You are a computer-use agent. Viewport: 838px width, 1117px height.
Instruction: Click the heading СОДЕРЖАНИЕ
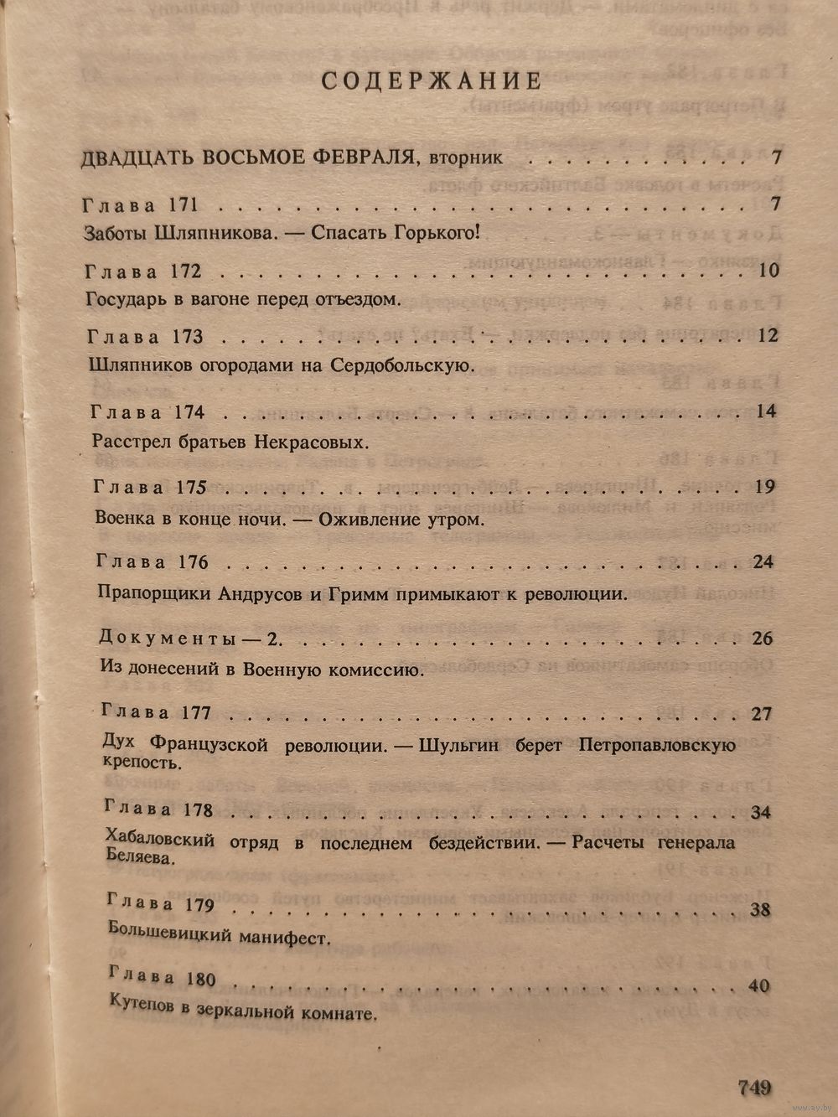tap(432, 81)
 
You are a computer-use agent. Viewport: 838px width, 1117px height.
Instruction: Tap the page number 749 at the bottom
tap(754, 1088)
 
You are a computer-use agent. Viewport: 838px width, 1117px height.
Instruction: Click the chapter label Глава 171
tap(140, 206)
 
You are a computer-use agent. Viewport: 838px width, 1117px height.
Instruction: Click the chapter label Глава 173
tap(145, 337)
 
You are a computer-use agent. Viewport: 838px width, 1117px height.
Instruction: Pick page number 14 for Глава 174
tap(766, 411)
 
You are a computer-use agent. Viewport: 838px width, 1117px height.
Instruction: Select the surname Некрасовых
tap(320, 442)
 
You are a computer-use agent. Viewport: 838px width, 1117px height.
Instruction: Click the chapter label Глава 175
tap(150, 487)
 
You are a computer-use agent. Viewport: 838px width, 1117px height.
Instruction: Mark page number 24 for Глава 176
tap(763, 562)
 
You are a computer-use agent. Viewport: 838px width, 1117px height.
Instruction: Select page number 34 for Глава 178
tap(762, 812)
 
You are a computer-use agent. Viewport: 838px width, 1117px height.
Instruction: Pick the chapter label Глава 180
tap(163, 979)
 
